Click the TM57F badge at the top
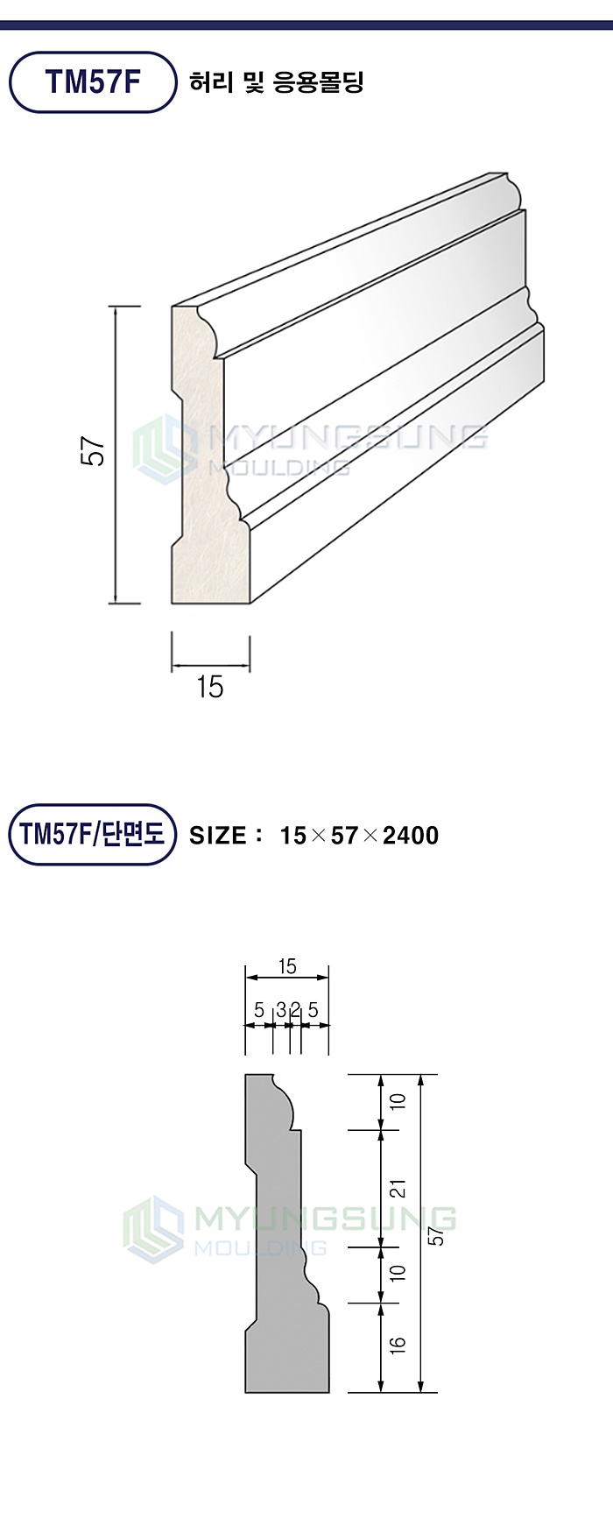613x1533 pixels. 93,81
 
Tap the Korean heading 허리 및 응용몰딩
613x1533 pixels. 276,82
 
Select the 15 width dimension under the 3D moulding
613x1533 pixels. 210,688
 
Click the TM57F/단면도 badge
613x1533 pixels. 92,834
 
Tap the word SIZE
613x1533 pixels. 218,835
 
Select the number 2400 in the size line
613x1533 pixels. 411,835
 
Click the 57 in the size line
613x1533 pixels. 344,835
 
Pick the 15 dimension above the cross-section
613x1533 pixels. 287,966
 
